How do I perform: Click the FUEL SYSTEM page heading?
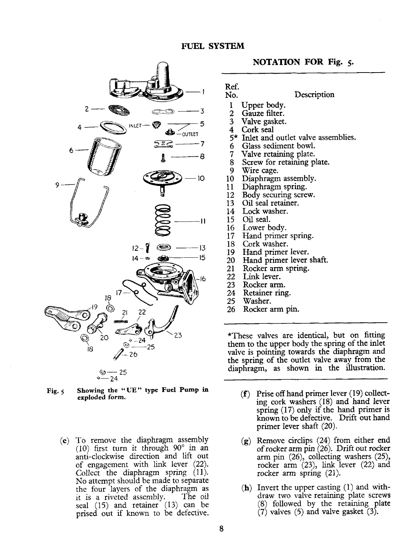pos(212,46)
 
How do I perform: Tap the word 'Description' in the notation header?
pos(314,95)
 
